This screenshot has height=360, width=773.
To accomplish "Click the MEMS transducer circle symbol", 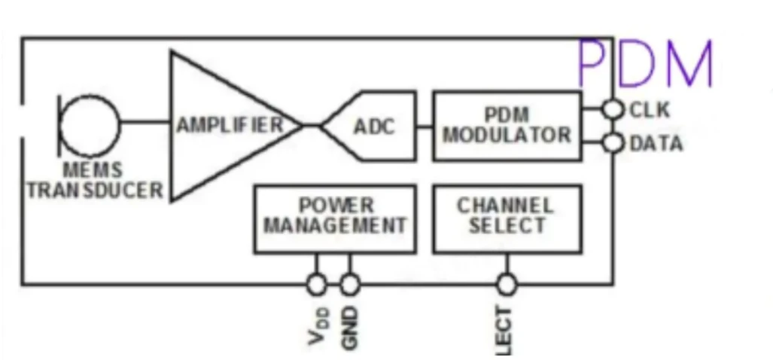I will pos(90,125).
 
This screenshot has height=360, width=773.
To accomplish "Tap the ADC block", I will pos(374,126).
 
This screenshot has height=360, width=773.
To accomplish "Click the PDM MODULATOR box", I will pos(507,126).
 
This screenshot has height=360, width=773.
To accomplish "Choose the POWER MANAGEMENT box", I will pos(334,218).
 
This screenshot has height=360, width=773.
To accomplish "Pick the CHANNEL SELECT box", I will pos(507,218).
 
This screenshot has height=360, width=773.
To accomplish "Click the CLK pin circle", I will pos(614,110).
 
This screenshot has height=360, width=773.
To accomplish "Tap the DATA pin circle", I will pos(614,142).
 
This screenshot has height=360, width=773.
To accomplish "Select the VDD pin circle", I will pos(316,285).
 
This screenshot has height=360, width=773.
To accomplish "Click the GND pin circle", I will pos(349,285).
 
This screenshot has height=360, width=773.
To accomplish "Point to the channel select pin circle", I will pos(507,285).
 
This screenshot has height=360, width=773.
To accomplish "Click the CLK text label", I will pos(649,110).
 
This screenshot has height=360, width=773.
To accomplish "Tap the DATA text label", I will pos(656,143).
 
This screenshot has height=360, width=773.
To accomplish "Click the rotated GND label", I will pos(349,327).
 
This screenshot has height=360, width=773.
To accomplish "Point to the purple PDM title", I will pos(645,64).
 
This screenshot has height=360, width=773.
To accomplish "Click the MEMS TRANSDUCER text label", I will pos(94,181).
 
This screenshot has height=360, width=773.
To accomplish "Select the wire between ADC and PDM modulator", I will pos(425,126).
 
